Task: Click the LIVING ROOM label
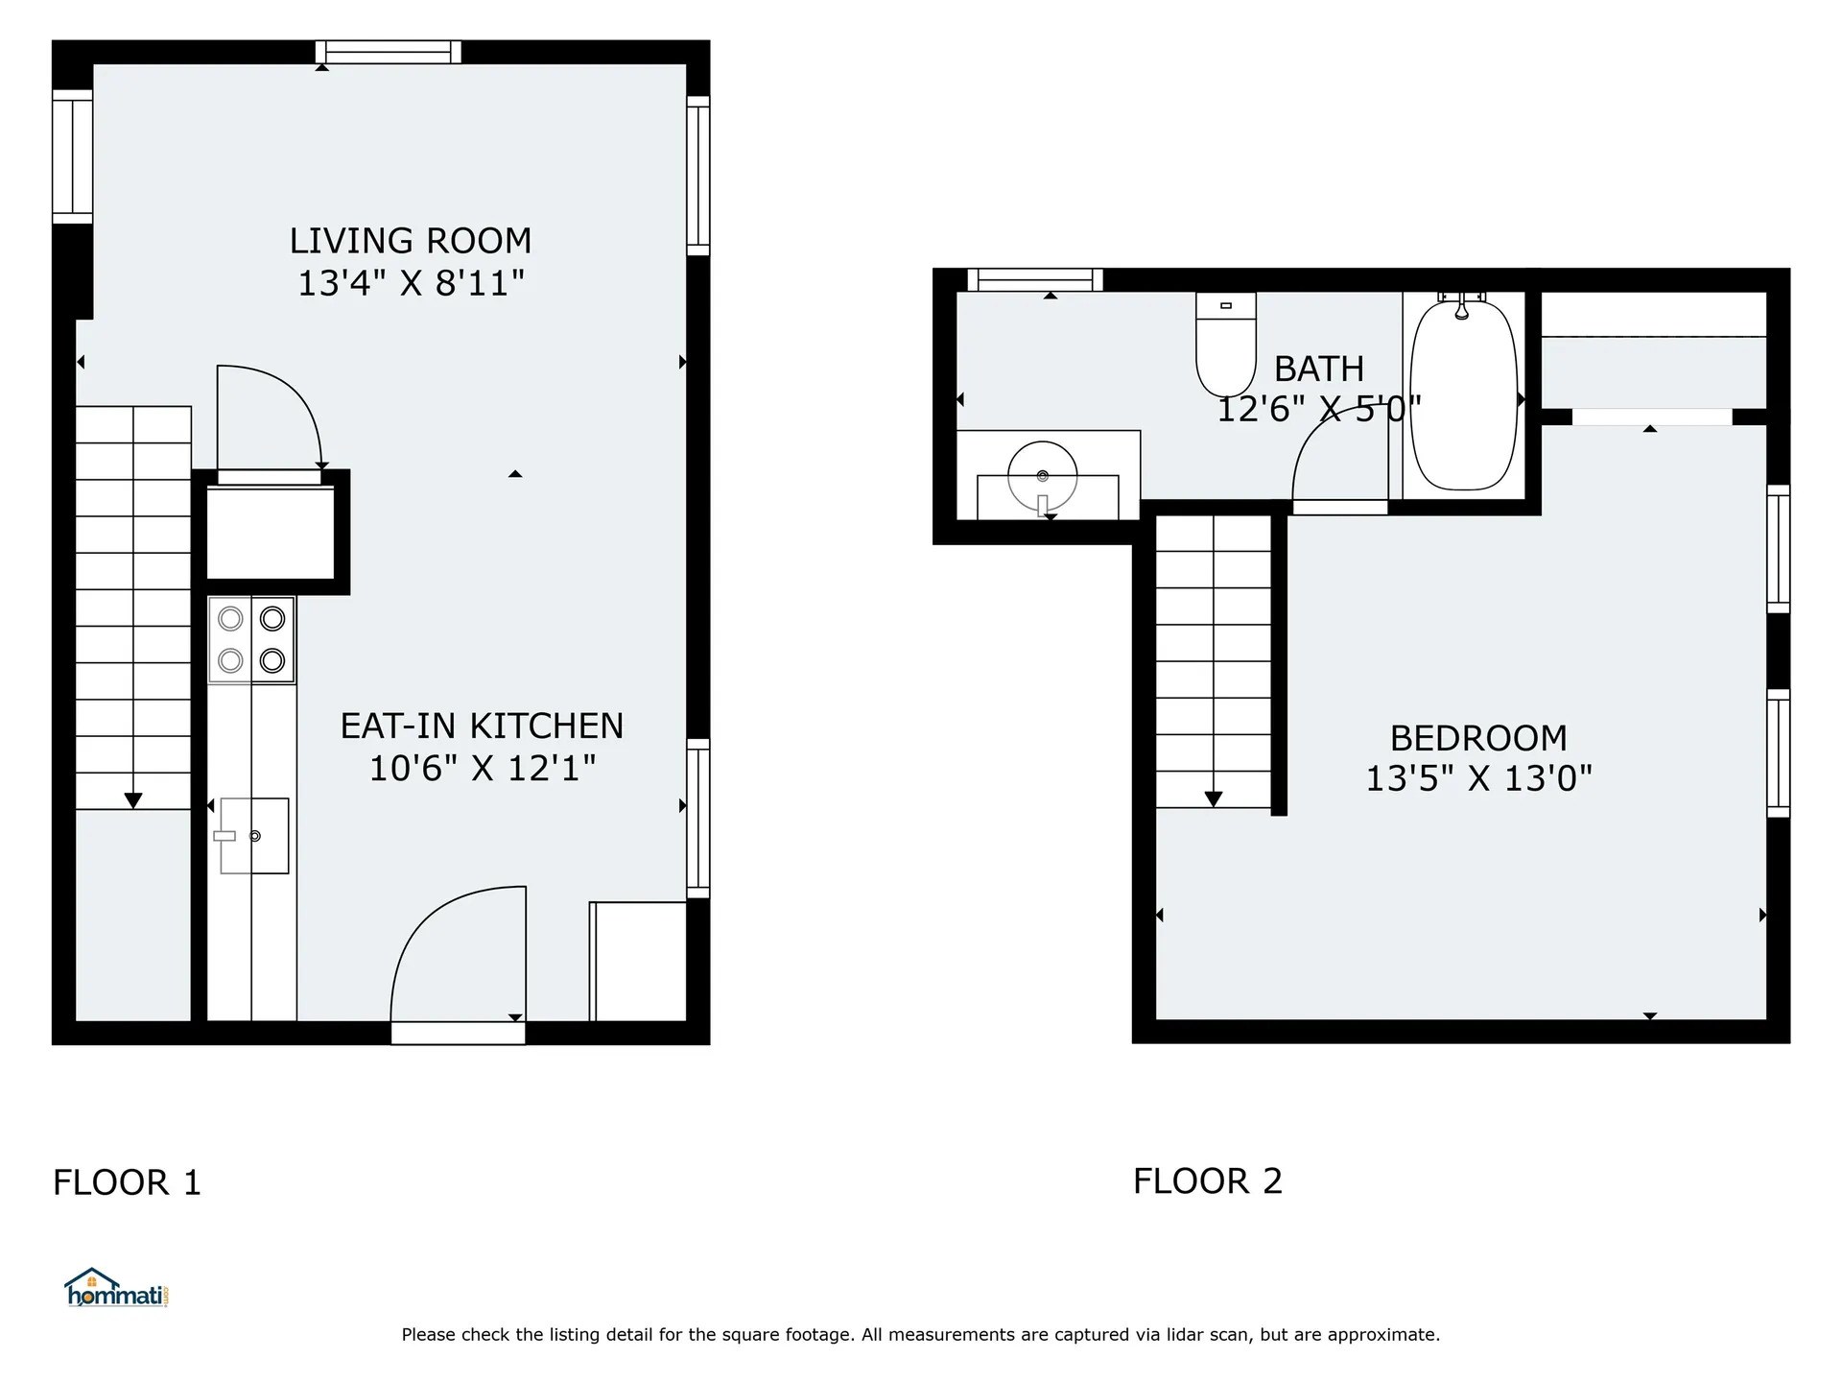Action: point(411,241)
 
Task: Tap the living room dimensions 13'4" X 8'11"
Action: point(411,284)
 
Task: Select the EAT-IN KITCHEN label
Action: point(482,727)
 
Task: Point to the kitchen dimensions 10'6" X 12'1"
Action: point(482,769)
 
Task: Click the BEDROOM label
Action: point(1478,738)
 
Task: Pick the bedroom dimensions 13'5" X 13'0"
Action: point(1478,778)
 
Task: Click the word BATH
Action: point(1318,369)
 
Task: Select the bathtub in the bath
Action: point(1463,395)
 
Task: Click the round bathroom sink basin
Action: point(1042,476)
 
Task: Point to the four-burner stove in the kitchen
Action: point(251,640)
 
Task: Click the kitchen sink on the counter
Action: point(253,836)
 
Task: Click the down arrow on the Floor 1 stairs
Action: point(133,800)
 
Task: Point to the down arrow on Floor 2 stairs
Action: point(1213,798)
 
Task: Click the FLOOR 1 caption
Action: point(127,1182)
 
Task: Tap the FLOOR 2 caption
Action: point(1207,1181)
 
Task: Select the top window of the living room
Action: point(389,52)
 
